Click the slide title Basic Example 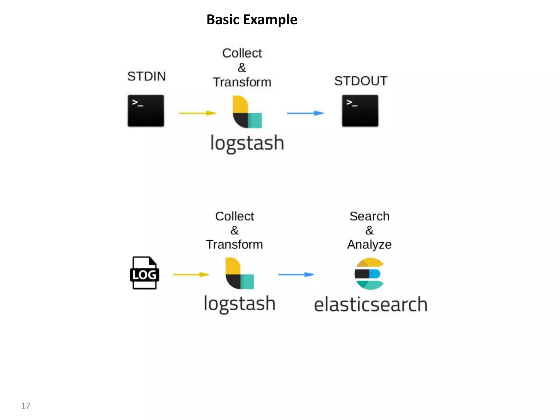(x=252, y=20)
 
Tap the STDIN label (x=147, y=76)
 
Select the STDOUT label (x=360, y=81)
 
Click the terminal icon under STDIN (x=146, y=111)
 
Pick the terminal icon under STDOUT (x=360, y=111)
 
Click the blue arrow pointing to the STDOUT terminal (x=305, y=113)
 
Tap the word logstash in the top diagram (x=247, y=143)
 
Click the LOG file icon (x=144, y=273)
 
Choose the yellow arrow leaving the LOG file (x=191, y=274)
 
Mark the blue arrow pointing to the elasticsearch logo (x=296, y=274)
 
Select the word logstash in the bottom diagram (x=240, y=304)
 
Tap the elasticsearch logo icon (x=369, y=274)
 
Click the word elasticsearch (x=371, y=304)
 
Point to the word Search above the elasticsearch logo (x=369, y=216)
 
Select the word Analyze (x=369, y=244)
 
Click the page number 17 (x=26, y=406)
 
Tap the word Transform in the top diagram (x=242, y=82)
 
